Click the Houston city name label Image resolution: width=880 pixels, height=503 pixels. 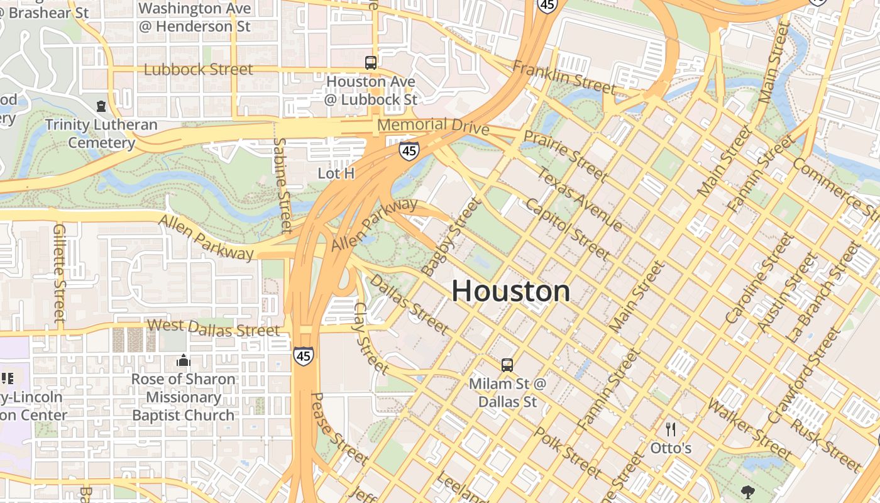(x=510, y=291)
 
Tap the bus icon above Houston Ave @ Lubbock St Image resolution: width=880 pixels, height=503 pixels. (x=371, y=62)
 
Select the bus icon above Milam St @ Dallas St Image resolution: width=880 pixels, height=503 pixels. (x=507, y=365)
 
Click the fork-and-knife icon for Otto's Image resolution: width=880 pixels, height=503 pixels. (x=671, y=429)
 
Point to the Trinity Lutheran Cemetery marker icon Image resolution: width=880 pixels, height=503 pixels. (x=101, y=106)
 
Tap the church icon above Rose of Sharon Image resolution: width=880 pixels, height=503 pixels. (x=183, y=360)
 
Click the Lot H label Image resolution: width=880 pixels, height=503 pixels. (x=336, y=173)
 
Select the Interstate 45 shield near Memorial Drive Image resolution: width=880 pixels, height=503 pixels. (x=409, y=150)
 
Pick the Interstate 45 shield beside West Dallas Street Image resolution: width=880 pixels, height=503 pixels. (x=303, y=356)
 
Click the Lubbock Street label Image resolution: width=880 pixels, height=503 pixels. (x=198, y=69)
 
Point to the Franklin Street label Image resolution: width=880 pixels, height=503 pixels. (x=563, y=77)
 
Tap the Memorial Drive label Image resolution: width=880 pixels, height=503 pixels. (x=433, y=125)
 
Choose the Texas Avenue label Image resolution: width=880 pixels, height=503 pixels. (x=580, y=199)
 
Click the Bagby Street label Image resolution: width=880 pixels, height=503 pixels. (x=450, y=236)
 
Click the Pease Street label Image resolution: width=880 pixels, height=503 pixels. (x=339, y=429)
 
